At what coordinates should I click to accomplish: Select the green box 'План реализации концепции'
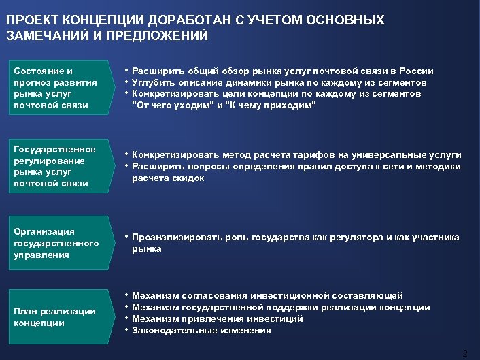(x=60, y=317)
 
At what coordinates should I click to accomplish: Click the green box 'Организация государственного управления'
(x=60, y=244)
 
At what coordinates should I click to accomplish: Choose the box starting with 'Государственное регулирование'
(x=60, y=166)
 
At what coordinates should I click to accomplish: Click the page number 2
(x=465, y=353)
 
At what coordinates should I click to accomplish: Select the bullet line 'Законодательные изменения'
(x=201, y=330)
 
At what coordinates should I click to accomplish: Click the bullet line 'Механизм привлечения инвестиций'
(x=218, y=318)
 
